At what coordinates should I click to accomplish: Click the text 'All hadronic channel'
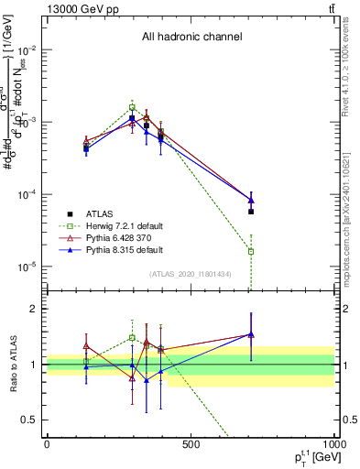[191, 38]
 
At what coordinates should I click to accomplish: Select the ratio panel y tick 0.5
[29, 420]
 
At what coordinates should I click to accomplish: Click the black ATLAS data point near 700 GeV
[251, 212]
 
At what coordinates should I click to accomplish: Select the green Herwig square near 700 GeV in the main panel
[251, 251]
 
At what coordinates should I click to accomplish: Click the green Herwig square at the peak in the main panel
[132, 107]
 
